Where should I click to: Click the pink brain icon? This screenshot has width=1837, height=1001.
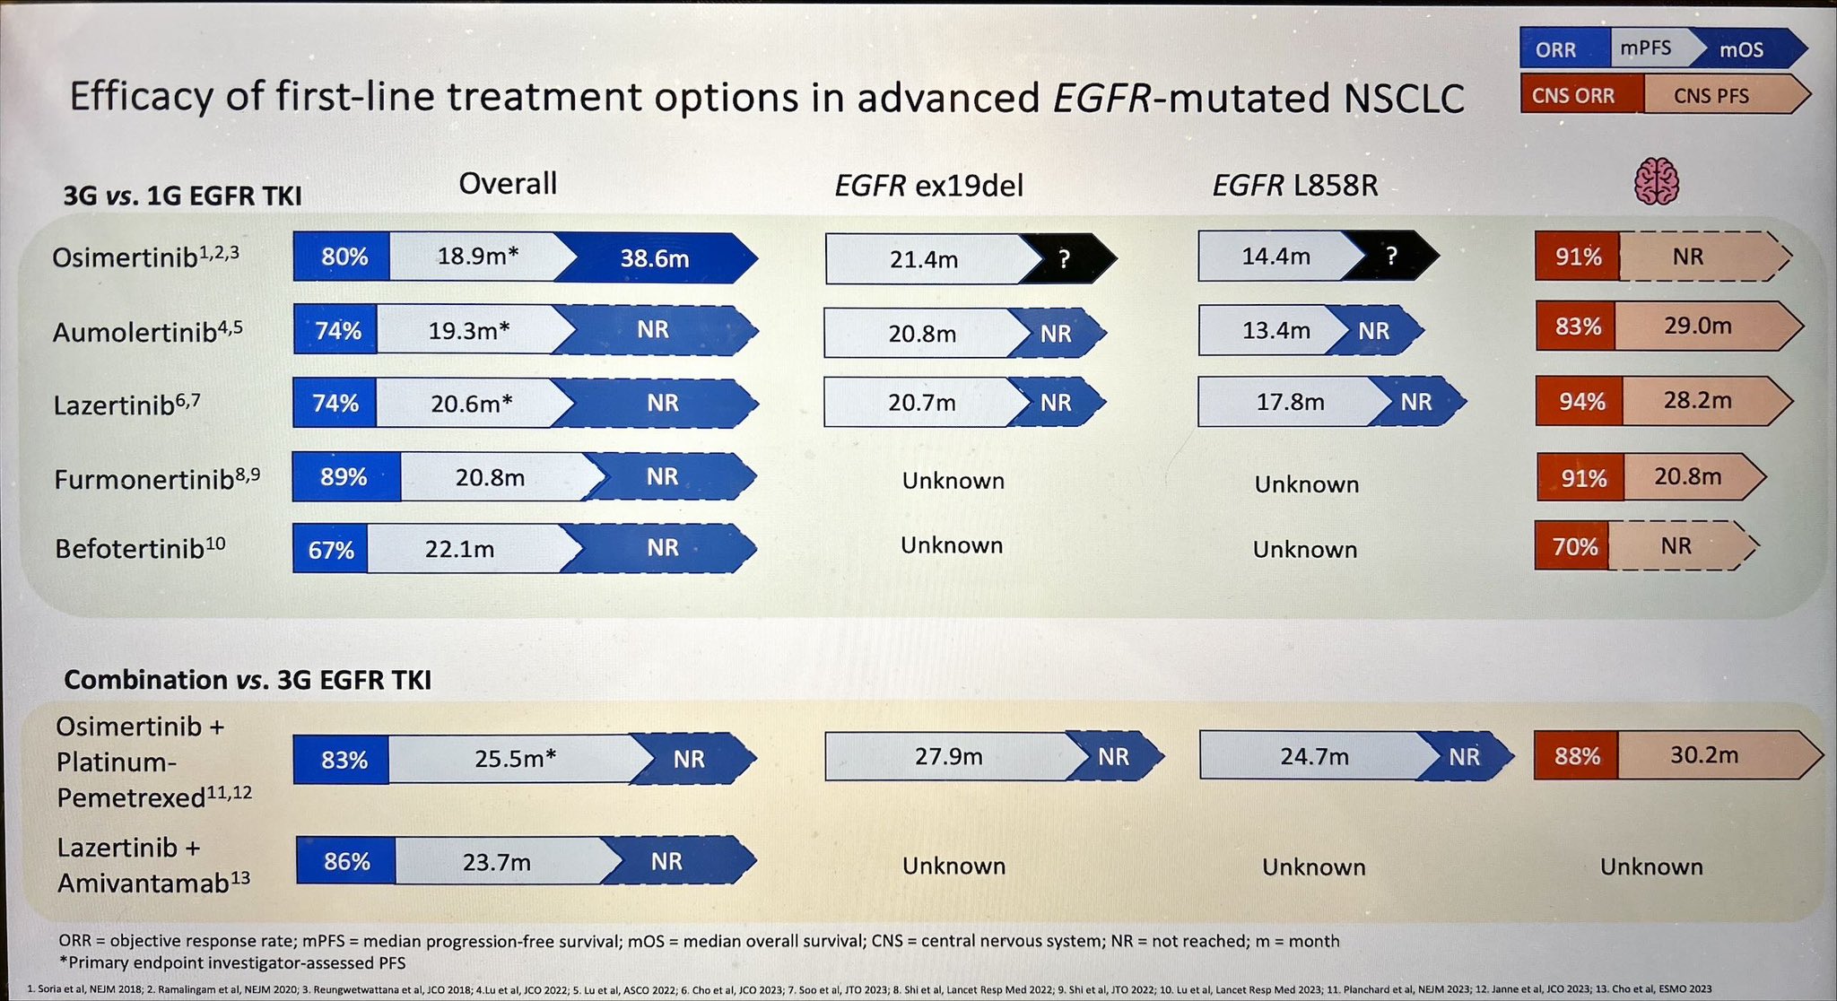pos(1656,181)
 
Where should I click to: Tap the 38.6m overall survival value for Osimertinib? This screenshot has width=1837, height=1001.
pos(655,259)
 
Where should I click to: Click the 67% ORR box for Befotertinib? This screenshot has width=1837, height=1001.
pos(330,549)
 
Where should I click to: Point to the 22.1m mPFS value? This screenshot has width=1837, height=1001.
pos(459,549)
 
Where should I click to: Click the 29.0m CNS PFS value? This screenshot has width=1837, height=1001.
pos(1698,326)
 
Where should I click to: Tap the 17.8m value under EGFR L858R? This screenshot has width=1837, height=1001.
pos(1290,402)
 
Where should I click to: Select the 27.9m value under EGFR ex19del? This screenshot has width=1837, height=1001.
pos(948,757)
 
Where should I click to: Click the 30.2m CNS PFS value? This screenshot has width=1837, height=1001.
pos(1704,755)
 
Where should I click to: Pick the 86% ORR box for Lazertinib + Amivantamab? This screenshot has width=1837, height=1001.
pos(346,861)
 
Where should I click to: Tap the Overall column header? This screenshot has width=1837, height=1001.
pos(508,184)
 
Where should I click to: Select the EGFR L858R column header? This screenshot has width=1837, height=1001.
pos(1295,186)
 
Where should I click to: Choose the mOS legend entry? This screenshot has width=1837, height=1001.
pos(1742,50)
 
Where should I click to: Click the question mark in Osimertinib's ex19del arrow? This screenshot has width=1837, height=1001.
pos(1064,259)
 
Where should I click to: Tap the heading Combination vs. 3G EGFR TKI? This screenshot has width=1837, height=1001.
pos(248,680)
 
